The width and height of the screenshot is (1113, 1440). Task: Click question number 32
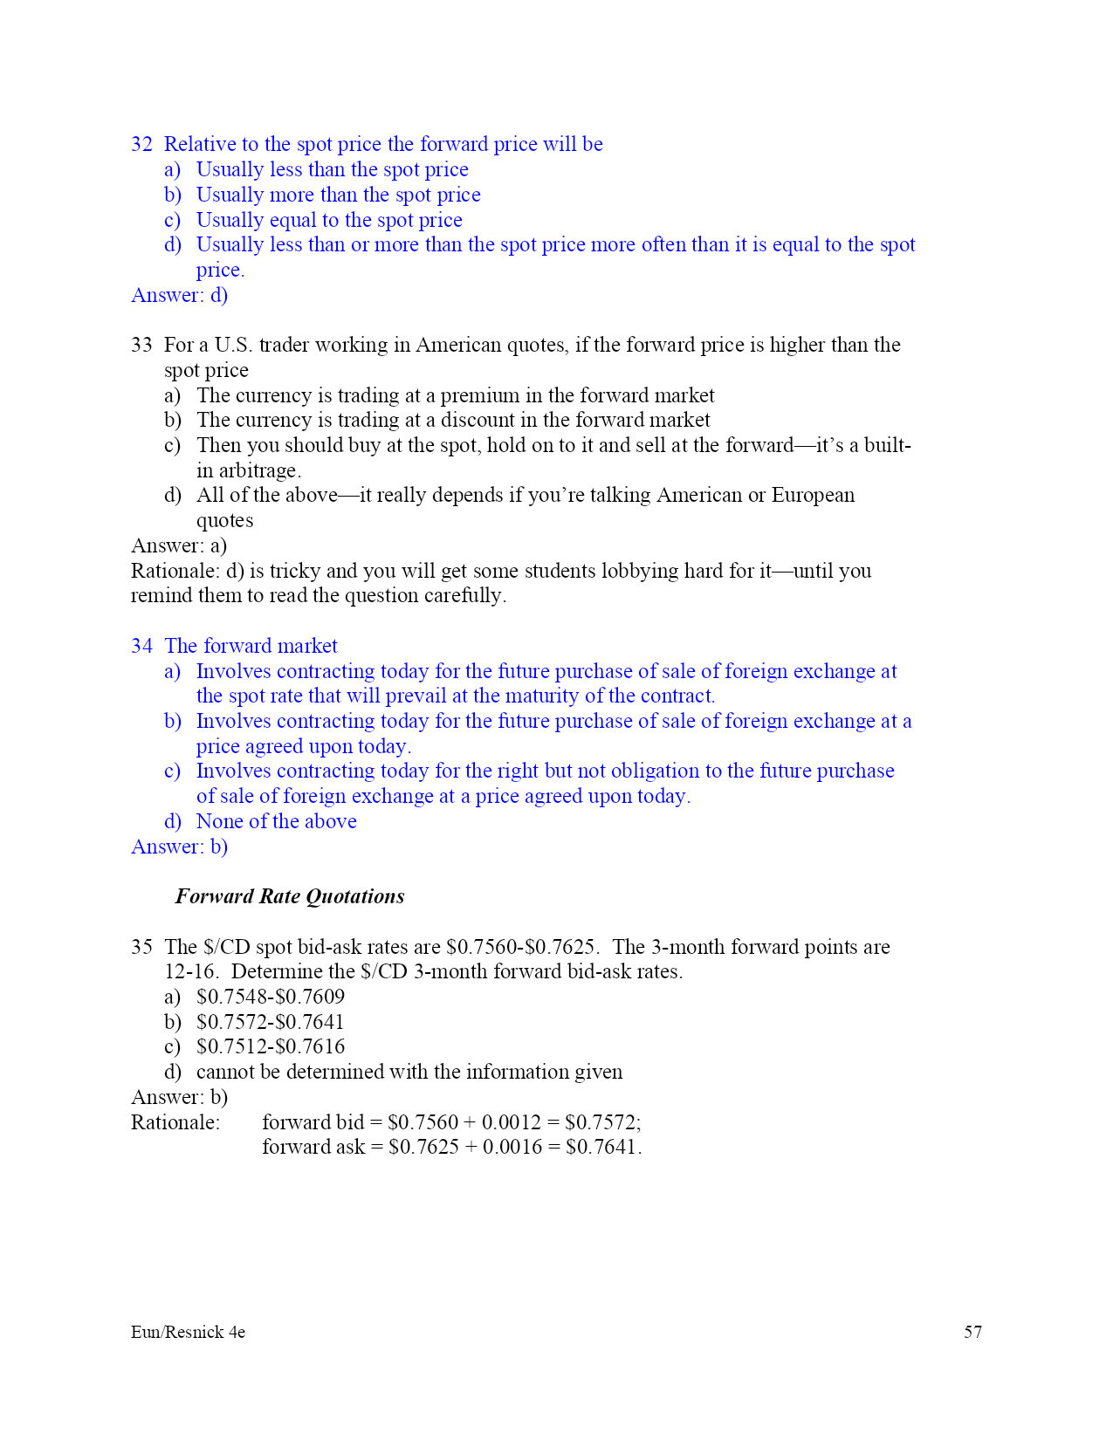point(141,144)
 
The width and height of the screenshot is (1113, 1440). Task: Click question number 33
point(141,345)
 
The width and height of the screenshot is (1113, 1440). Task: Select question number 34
point(141,646)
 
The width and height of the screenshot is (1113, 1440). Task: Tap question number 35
point(141,947)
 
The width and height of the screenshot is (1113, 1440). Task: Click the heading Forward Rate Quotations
point(290,896)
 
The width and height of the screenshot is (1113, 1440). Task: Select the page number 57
point(972,1332)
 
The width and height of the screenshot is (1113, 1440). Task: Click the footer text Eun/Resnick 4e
point(188,1332)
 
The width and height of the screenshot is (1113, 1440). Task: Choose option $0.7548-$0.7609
point(270,997)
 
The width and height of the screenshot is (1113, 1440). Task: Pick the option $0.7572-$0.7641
point(270,1022)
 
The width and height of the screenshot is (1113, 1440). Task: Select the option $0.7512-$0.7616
point(270,1046)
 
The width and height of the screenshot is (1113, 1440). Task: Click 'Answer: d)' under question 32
point(179,295)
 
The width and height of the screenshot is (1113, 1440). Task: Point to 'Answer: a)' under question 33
point(179,545)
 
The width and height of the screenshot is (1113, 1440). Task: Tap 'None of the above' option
point(276,821)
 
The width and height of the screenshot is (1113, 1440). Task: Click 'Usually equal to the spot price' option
point(329,220)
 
